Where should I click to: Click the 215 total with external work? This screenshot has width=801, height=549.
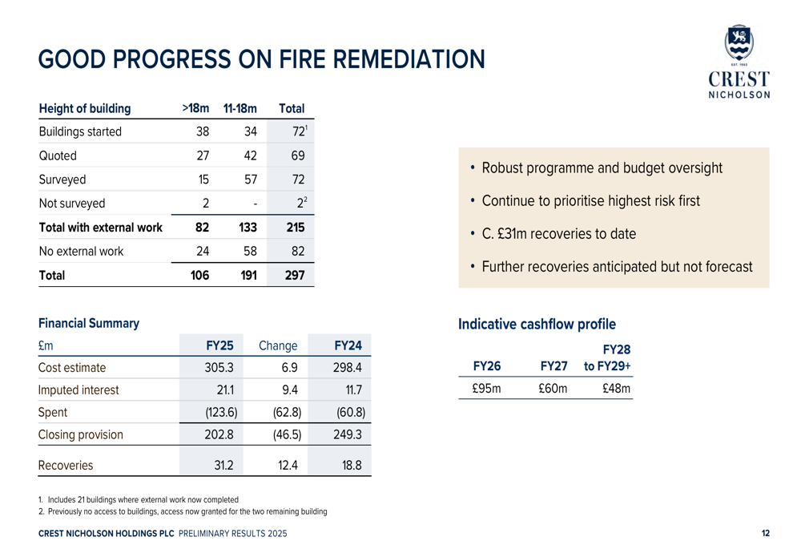[295, 228]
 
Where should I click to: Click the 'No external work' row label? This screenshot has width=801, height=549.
[81, 251]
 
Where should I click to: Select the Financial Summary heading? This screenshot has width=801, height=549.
[89, 324]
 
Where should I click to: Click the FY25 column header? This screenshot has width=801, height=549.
[219, 345]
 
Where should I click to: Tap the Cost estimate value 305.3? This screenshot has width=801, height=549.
[219, 368]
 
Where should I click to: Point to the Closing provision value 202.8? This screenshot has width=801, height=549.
[219, 435]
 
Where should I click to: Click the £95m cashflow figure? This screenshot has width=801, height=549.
[485, 390]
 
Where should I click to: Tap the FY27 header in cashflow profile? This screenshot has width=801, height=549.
[553, 366]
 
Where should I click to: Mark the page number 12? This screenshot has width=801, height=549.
[765, 534]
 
